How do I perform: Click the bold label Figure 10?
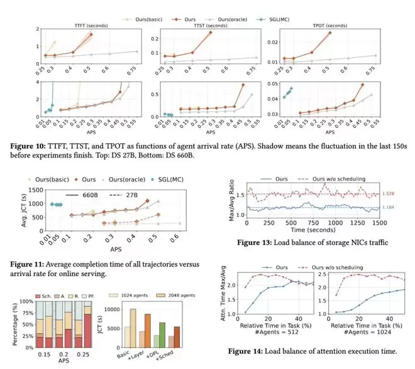tap(27, 146)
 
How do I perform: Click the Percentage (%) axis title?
tap(6, 324)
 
